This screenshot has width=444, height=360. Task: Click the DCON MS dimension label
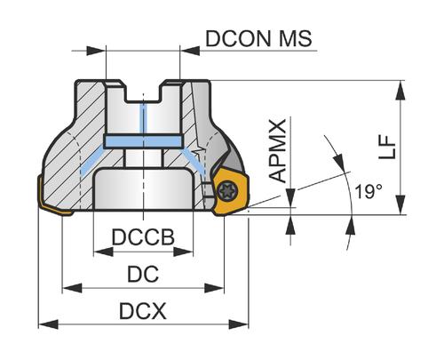(258, 38)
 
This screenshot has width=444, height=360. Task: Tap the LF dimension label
(387, 148)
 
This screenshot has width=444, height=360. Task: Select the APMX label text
(278, 150)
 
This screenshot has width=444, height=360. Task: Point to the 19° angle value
(369, 192)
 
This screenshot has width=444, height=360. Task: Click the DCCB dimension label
(143, 237)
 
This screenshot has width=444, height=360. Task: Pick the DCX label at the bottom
(143, 311)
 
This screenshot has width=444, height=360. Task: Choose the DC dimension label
(143, 274)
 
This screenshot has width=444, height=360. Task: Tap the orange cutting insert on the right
(230, 191)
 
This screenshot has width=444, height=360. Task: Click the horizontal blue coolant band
(143, 141)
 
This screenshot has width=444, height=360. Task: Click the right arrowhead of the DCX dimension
(239, 324)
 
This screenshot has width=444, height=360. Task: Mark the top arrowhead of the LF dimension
(400, 90)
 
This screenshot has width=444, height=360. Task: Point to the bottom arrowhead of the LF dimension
(400, 204)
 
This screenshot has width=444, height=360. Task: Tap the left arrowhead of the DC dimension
(72, 288)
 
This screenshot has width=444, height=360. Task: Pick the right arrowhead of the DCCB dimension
(184, 252)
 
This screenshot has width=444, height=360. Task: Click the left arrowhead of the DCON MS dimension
(96, 51)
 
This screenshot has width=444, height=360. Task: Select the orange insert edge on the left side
(54, 198)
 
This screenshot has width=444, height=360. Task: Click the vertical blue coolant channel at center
(144, 118)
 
